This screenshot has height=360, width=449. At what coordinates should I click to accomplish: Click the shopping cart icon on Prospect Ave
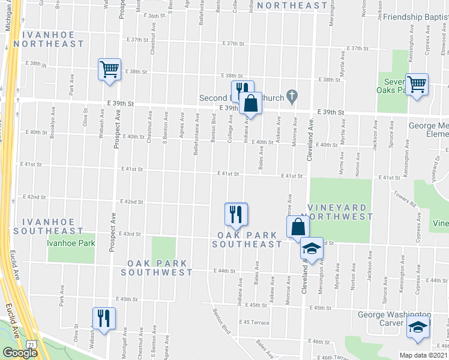click(x=110, y=69)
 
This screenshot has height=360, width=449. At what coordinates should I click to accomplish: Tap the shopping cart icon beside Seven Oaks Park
click(x=417, y=83)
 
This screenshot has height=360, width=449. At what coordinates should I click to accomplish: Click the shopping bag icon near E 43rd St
click(x=298, y=227)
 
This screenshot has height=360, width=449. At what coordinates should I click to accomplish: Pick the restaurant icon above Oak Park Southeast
click(x=236, y=214)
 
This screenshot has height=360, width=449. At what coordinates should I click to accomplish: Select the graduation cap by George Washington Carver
click(x=418, y=328)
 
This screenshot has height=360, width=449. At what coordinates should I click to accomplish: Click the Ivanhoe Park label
click(x=71, y=243)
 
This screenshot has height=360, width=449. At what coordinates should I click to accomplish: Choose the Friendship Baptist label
click(x=415, y=18)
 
